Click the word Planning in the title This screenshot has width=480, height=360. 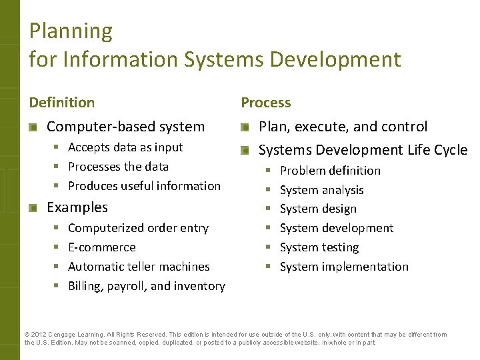point(71,31)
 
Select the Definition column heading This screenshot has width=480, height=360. point(61,103)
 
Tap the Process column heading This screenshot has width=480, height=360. point(265,103)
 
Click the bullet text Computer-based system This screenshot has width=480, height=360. point(125,127)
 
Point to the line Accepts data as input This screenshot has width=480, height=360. point(125,147)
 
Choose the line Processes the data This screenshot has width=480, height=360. point(118,167)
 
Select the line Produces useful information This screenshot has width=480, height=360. point(144,186)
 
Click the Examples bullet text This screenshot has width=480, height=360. point(77,207)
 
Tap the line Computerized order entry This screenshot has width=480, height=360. point(138,228)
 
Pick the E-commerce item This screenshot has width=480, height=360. point(101,247)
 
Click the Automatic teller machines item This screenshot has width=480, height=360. point(139,267)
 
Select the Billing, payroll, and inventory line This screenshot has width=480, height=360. point(147,286)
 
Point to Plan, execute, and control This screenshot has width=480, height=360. point(343,127)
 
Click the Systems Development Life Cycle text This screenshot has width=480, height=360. point(363,150)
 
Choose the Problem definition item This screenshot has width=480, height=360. point(330,171)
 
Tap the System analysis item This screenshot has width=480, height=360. point(321,190)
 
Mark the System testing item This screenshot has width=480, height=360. point(319,247)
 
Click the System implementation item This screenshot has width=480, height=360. point(344,267)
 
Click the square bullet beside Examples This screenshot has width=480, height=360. point(33,208)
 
